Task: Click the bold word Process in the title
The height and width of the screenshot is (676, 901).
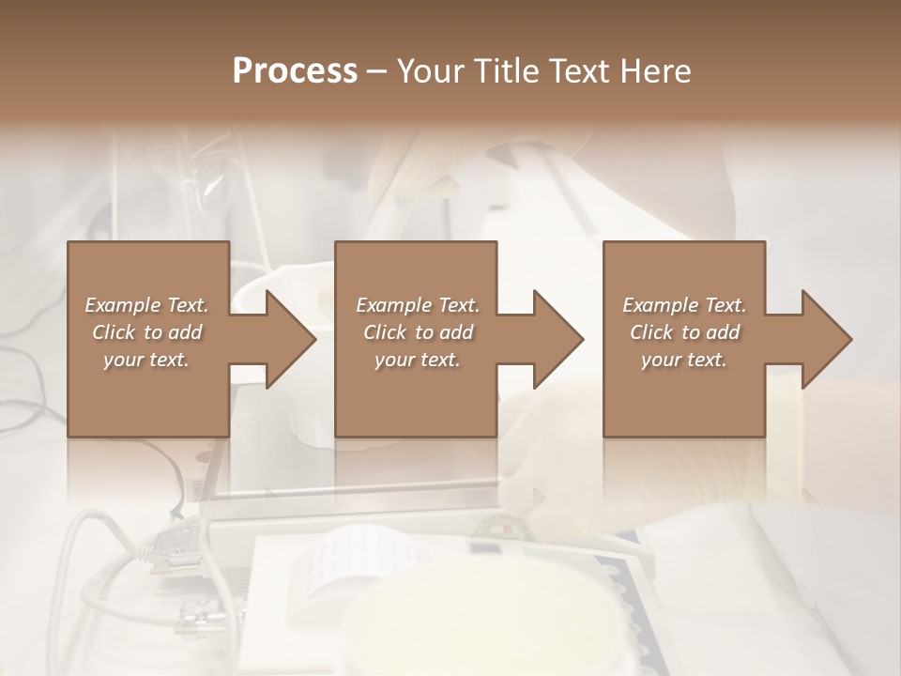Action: tap(295, 71)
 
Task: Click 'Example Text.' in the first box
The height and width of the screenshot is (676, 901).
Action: tap(146, 305)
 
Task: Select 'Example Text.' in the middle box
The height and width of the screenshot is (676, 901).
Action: tap(418, 305)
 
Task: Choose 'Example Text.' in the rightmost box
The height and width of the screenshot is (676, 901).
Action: tap(684, 305)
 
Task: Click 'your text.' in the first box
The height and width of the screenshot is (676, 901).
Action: tap(146, 360)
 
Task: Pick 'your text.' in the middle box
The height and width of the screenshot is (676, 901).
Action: tap(418, 360)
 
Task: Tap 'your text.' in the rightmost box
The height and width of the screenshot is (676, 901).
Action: tap(684, 360)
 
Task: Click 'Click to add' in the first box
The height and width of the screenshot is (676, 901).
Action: tap(146, 332)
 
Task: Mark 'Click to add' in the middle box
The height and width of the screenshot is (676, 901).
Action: tap(418, 332)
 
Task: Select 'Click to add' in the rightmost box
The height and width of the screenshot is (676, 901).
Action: tap(684, 332)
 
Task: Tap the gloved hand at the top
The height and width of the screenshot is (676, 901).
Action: tap(413, 164)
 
